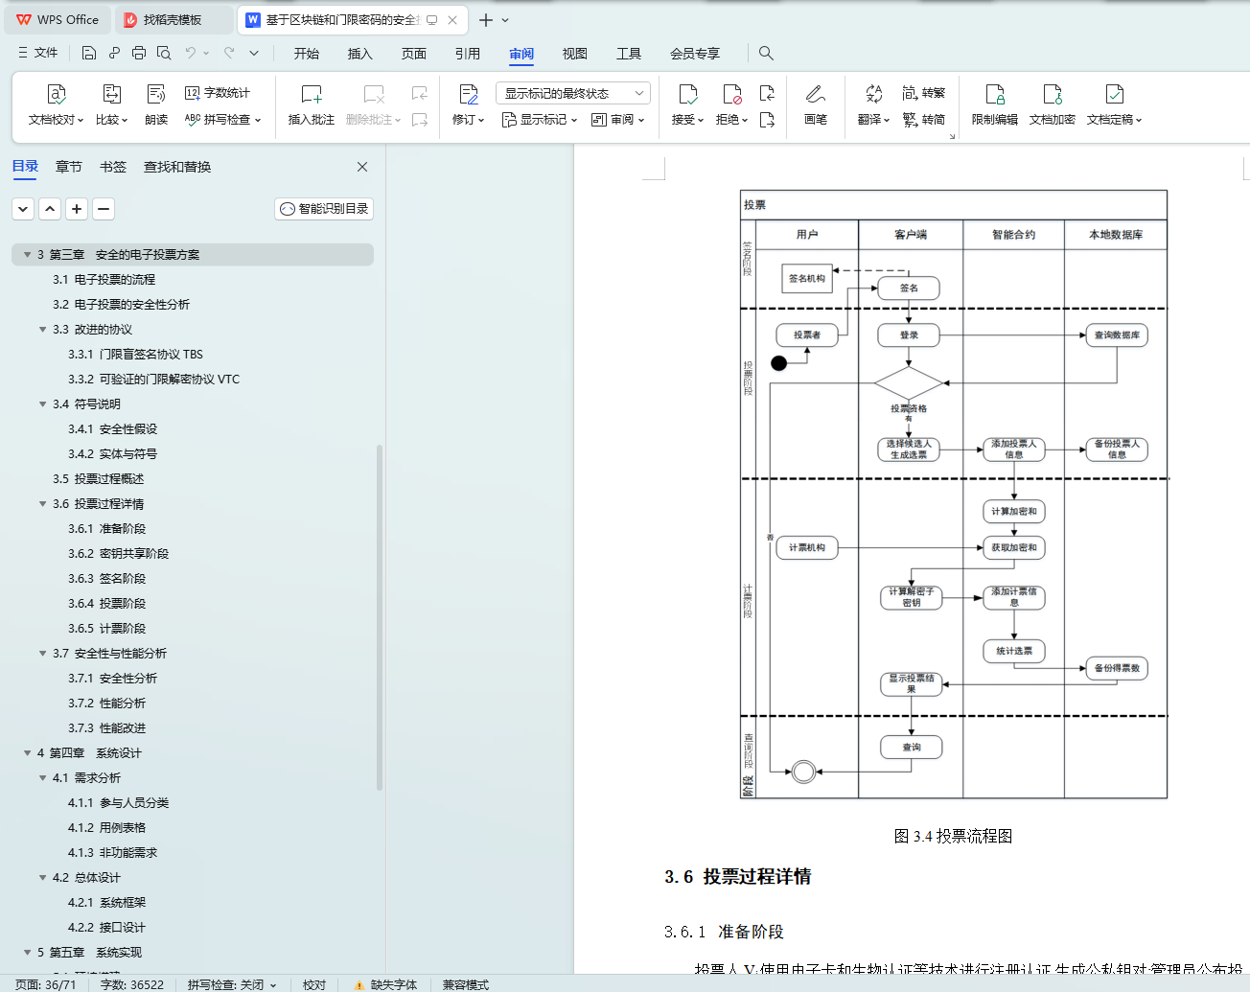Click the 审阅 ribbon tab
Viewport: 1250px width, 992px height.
pos(521,54)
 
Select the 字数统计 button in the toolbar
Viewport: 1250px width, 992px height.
pos(218,93)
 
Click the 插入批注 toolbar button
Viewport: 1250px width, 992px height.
pos(312,104)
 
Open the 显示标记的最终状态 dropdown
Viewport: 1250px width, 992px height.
pos(572,93)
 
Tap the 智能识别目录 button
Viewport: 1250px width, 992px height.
pos(324,209)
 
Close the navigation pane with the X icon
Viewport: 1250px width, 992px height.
pos(362,167)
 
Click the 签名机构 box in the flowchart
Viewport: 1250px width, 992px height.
pos(807,279)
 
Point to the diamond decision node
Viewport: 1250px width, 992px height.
pos(908,383)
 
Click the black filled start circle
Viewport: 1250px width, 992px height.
pos(779,363)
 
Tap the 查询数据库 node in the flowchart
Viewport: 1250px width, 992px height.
pos(1117,335)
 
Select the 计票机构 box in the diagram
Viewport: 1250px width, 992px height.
pos(807,548)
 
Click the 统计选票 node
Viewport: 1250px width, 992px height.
pos(1014,652)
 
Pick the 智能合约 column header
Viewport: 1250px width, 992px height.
pos(1013,235)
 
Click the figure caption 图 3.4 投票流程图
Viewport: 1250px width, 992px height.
pos(953,837)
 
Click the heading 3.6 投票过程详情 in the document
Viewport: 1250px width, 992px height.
pos(738,877)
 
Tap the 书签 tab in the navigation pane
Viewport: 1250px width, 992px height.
pos(113,167)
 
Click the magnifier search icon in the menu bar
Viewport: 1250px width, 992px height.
pos(766,54)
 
